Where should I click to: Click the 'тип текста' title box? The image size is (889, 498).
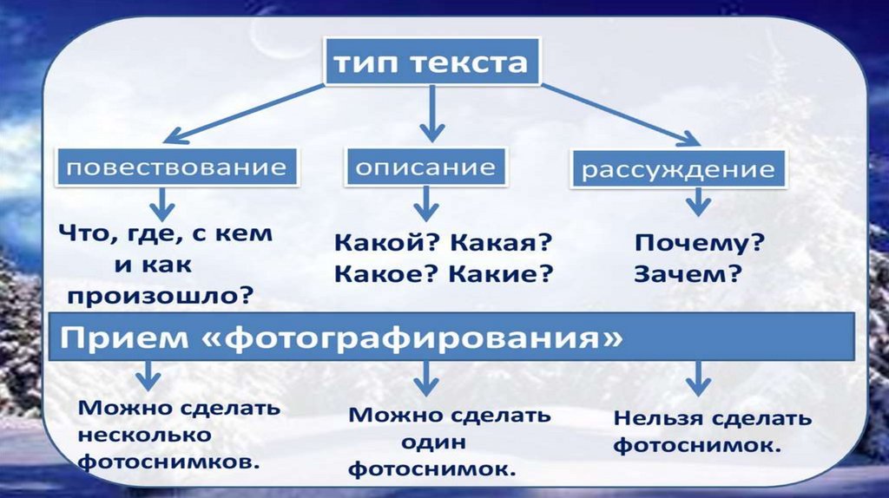[431, 62]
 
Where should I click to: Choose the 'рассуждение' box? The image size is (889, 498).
[678, 168]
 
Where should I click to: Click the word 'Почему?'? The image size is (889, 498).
[699, 244]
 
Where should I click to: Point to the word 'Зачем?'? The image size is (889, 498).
[687, 275]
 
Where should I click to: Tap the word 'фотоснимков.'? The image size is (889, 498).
[170, 462]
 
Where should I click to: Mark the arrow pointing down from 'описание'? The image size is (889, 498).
[425, 206]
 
